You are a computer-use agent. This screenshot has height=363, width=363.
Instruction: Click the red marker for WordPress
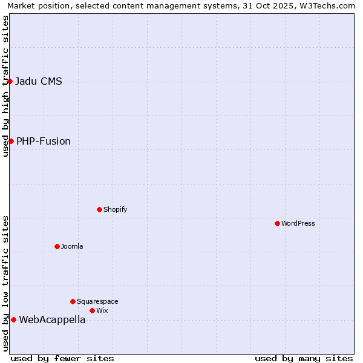(x=277, y=223)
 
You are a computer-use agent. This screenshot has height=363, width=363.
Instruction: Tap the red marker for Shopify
(x=99, y=209)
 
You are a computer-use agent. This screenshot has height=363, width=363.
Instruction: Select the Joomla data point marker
(x=57, y=246)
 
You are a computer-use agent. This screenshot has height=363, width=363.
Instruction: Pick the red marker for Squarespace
(x=73, y=301)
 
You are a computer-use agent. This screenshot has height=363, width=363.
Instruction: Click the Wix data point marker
(x=92, y=310)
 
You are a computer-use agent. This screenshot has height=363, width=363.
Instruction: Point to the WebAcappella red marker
(x=13, y=319)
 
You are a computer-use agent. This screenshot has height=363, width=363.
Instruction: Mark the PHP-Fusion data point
(x=11, y=141)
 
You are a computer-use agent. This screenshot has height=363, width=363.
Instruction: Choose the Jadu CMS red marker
(x=10, y=81)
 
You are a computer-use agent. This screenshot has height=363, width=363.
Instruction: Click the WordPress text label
(x=298, y=223)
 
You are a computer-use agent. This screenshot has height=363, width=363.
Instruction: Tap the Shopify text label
(x=115, y=209)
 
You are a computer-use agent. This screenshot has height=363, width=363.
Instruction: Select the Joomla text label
(x=72, y=246)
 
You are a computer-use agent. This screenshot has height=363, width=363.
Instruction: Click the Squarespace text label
(x=97, y=301)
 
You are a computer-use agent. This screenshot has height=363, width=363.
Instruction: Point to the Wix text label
(x=102, y=310)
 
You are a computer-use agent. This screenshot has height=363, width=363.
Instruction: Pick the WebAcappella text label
(x=52, y=320)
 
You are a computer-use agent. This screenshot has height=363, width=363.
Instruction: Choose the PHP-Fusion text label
(x=44, y=142)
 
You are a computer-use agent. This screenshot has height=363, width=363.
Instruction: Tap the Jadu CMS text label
(x=39, y=82)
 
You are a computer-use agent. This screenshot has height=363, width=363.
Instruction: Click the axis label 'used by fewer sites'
(x=62, y=358)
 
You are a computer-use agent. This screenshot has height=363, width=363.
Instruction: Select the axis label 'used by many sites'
(x=304, y=358)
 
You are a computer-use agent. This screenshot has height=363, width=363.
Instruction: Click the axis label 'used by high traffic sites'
(x=5, y=86)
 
